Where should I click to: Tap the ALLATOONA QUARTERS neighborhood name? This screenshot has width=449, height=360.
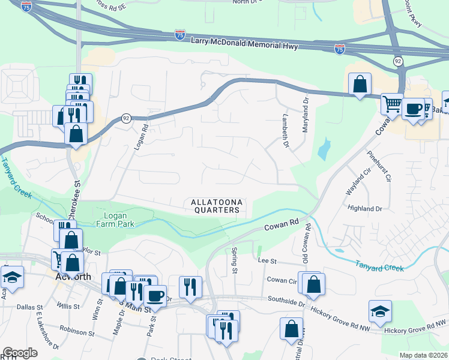(216, 206)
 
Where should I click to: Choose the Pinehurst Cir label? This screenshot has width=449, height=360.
(384, 167)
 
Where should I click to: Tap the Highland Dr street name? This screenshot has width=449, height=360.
(365, 208)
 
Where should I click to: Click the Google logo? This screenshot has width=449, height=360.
(20, 353)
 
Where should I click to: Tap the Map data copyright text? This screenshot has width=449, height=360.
(423, 355)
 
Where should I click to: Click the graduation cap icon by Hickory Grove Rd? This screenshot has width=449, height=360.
(380, 311)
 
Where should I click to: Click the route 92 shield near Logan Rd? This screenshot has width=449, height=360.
(125, 118)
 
